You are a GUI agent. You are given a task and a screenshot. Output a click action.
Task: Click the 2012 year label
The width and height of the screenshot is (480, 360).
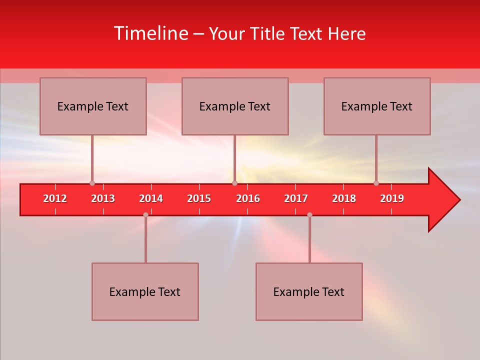point(55,198)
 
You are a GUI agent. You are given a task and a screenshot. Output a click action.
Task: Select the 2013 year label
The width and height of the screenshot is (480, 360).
point(103,198)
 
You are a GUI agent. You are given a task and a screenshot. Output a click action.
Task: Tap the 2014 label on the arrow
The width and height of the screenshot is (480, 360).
point(151,198)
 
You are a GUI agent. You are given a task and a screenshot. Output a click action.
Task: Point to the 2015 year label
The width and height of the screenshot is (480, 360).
point(199,198)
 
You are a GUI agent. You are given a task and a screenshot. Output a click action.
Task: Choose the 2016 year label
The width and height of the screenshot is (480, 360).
point(248,198)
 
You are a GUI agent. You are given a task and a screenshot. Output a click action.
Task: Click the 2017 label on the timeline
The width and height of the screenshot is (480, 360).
point(296,198)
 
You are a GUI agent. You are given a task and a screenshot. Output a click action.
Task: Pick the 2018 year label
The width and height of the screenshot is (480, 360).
point(344,198)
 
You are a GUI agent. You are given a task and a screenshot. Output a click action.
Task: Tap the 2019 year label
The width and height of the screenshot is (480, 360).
point(392,198)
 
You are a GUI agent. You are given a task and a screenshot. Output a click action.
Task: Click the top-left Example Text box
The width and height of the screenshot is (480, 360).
point(93,106)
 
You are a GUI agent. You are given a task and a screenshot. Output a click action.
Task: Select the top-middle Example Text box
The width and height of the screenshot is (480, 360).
point(235,106)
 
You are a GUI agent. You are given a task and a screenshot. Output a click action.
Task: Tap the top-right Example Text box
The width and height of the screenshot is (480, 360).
point(377,106)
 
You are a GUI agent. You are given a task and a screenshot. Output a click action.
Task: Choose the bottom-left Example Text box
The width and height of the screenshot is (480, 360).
point(145,292)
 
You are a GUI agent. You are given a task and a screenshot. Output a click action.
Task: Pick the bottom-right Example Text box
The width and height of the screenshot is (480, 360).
point(309,292)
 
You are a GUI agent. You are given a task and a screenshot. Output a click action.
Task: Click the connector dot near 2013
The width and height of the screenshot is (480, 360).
point(92,183)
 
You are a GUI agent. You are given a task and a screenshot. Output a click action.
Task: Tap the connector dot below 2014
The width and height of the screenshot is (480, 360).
point(145,214)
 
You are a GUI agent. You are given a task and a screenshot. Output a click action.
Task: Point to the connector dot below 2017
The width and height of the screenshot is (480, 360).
point(309,214)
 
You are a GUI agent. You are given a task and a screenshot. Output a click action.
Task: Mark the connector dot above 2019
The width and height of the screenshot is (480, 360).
point(376,183)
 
